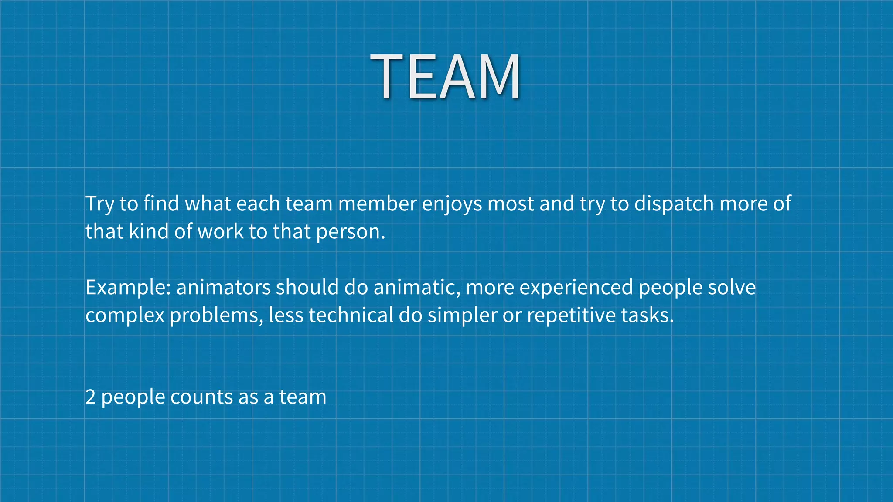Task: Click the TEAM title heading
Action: (x=445, y=77)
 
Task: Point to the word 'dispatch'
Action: (x=674, y=204)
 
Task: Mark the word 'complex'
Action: (x=125, y=315)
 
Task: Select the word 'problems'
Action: (x=215, y=315)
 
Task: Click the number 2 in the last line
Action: (x=90, y=397)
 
